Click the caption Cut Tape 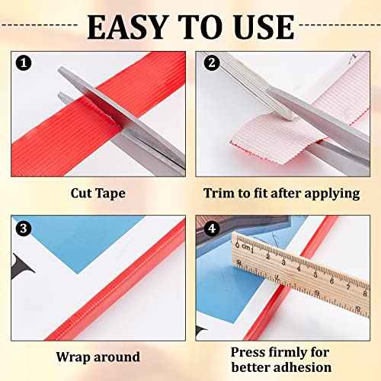98,193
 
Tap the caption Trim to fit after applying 280,193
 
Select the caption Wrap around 98,356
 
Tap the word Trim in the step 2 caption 218,193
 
